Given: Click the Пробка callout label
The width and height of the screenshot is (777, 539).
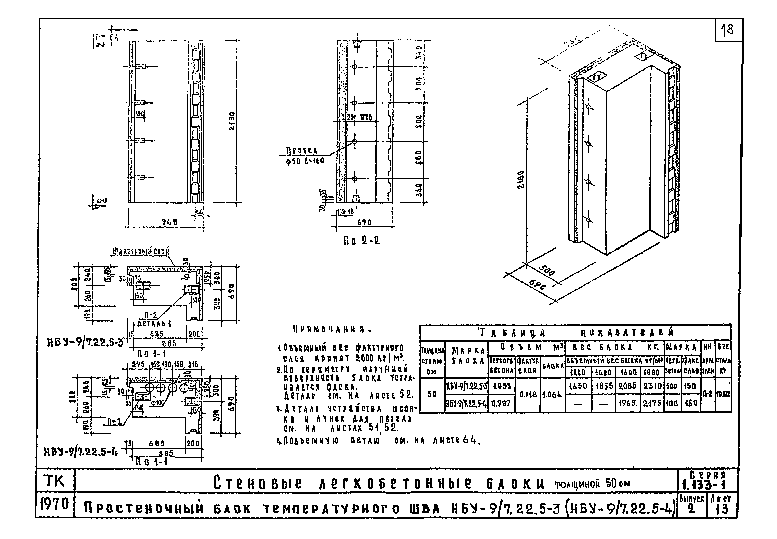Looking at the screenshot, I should (x=302, y=150).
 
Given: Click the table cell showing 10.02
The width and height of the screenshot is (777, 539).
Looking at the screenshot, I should (x=723, y=394).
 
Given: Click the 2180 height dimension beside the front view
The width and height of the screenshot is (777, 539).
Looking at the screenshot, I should (x=232, y=122).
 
